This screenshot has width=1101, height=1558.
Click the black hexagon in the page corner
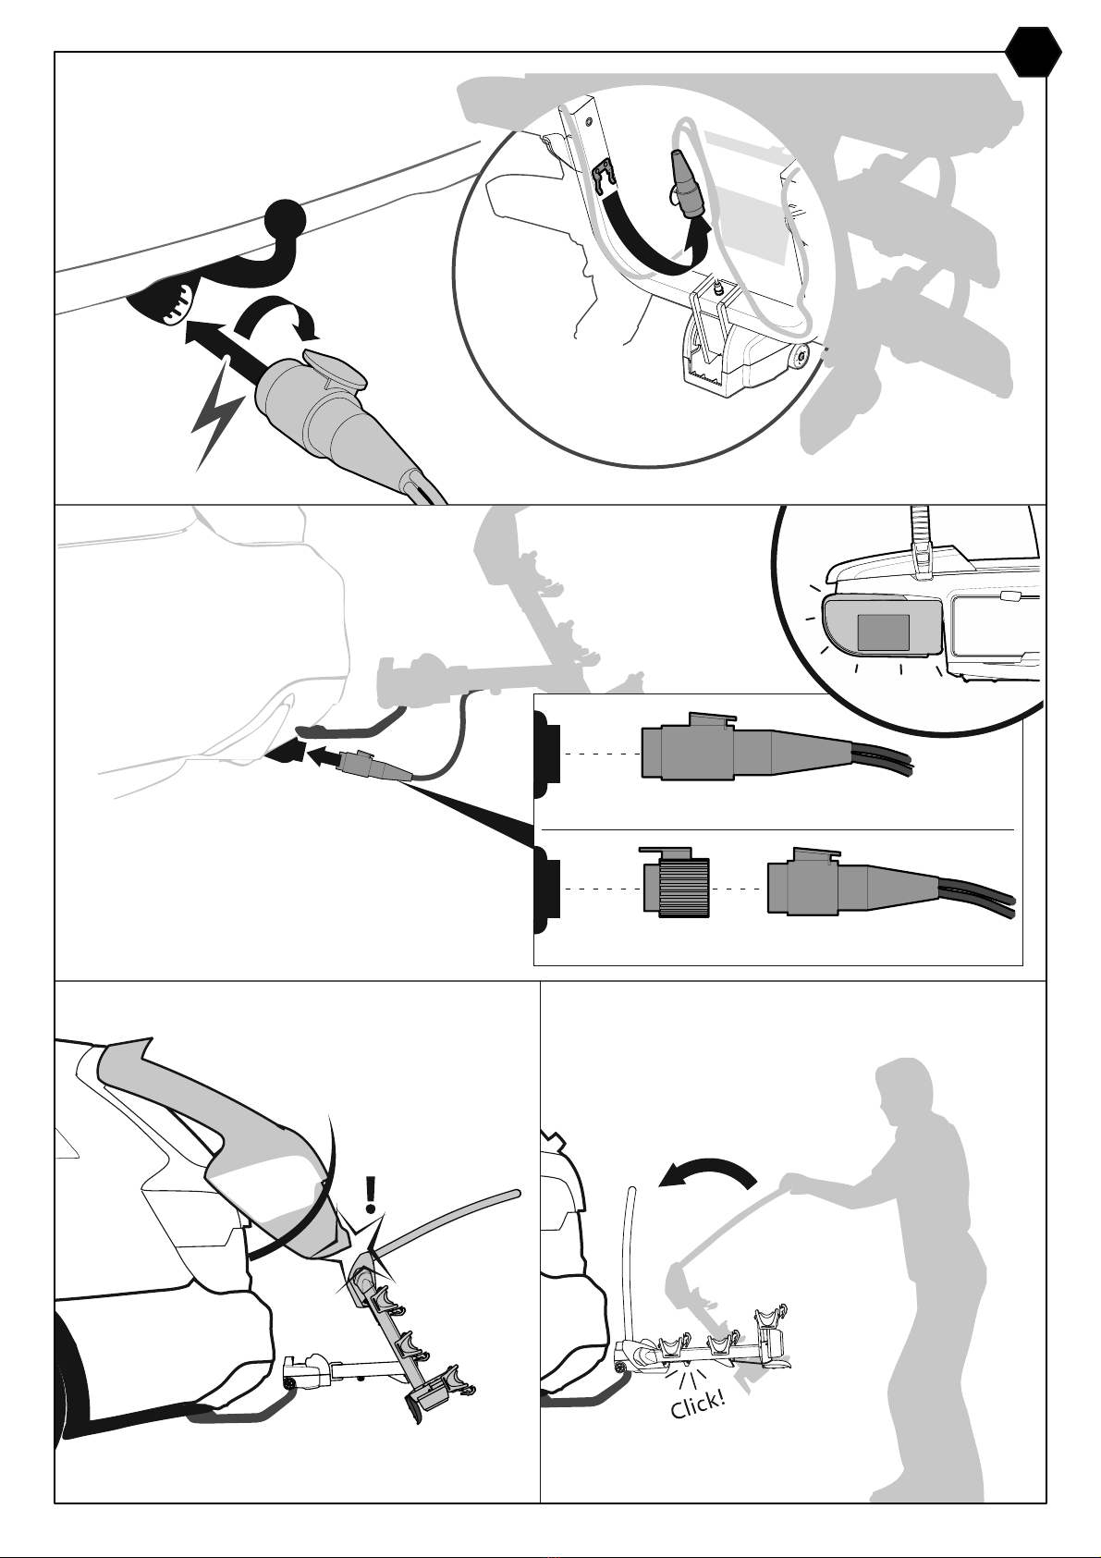point(1034,53)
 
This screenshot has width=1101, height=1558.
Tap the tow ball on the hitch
point(285,220)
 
